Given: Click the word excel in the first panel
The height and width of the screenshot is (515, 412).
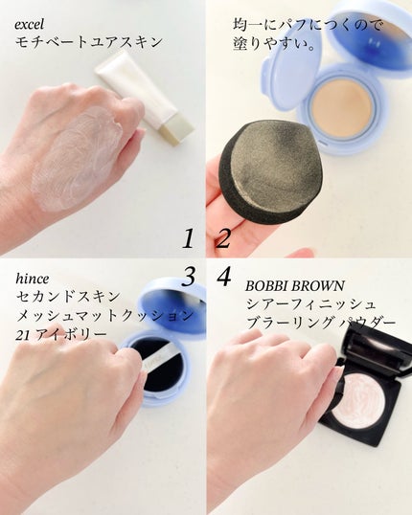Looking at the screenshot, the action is coord(30,26).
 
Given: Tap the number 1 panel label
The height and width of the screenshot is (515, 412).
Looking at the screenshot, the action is coord(189,238).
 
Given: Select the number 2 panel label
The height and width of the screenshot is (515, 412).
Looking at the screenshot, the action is coord(223,238).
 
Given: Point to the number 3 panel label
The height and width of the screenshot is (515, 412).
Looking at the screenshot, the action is coord(189,277).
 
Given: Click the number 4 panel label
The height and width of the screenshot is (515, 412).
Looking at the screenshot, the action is coord(224,277).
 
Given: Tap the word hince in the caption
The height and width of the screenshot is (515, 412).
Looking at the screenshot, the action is coord(33,279).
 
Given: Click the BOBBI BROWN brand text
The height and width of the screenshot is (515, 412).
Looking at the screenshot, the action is coord(294,286).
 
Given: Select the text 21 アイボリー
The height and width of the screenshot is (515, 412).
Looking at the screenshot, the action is coord(61,334).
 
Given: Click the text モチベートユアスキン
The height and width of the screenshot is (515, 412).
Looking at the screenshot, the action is coord(89,42).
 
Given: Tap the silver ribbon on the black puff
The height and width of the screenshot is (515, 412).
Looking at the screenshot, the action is coord(158,360).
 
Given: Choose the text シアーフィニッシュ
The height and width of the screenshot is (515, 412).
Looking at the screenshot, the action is coord(310,304).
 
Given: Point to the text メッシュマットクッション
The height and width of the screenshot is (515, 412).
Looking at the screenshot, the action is coord(104,316).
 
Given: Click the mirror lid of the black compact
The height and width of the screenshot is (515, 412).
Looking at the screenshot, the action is coord(378,351).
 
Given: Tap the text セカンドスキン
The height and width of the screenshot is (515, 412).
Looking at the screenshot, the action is coord(68,297).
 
